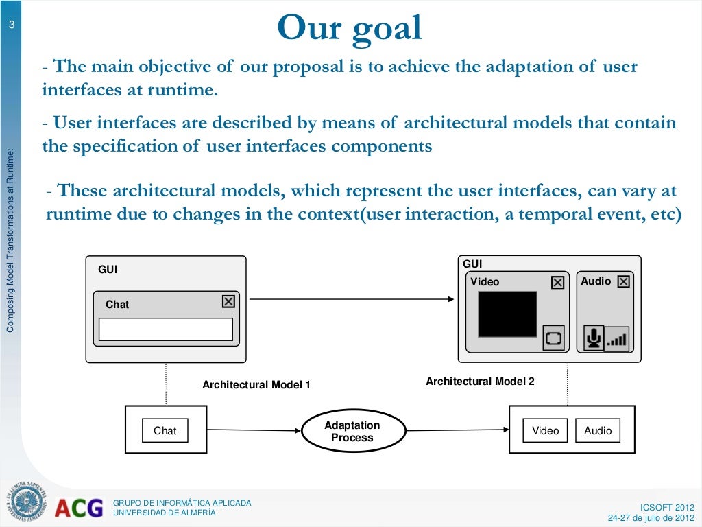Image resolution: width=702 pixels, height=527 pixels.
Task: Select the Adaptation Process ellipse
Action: pos(352,432)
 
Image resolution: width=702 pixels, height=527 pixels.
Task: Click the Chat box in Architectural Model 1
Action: pos(165,431)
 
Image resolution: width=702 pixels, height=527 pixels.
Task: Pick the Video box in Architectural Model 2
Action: pos(545,431)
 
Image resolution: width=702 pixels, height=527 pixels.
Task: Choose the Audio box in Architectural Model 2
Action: pos(598,431)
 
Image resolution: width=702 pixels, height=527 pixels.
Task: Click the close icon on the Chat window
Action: pos(228,302)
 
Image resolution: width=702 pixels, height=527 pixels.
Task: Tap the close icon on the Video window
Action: pos(557,282)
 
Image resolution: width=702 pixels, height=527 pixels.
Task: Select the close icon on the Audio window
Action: pos(623,281)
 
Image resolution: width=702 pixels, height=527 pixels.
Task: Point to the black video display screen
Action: pos(507,314)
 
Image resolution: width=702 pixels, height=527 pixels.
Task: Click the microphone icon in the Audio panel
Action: pos(593,338)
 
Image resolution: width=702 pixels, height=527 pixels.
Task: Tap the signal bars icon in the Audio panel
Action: pos(617,339)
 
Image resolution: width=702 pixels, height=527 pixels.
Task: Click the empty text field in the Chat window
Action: pos(166,329)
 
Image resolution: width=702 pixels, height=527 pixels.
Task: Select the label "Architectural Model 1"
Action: pos(256,385)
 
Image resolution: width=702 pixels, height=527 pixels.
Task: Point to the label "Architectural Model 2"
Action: pos(480,382)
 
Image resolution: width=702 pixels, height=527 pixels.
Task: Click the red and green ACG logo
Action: pos(79,508)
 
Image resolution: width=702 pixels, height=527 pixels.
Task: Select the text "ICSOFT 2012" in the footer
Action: pos(666,507)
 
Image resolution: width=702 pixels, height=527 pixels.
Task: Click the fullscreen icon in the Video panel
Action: pos(553,338)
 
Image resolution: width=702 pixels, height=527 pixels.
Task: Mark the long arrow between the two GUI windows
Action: pos(350,299)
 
